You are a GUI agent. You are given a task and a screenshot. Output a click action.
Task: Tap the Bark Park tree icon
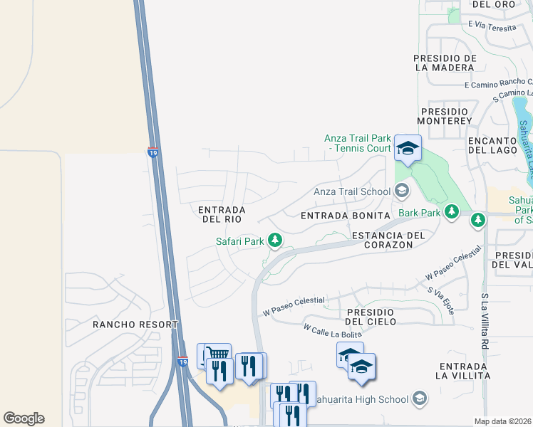tap(451, 211)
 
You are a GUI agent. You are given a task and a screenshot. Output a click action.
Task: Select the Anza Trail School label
tap(352, 191)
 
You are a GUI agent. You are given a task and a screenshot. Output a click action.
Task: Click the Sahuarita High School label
tap(368, 397)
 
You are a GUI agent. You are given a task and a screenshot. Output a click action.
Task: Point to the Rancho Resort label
tap(135, 325)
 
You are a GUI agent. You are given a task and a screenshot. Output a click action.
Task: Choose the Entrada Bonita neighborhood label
tap(346, 215)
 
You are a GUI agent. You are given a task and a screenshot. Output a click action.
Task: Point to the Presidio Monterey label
tap(446, 116)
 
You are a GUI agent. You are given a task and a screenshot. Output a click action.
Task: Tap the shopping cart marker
tap(217, 354)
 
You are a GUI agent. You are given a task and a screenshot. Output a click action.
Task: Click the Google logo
tap(24, 418)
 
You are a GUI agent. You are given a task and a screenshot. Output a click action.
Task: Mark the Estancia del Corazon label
tap(388, 240)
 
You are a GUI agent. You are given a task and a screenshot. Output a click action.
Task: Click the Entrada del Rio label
tap(222, 214)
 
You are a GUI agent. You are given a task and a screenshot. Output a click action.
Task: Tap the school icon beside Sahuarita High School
tap(420, 397)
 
